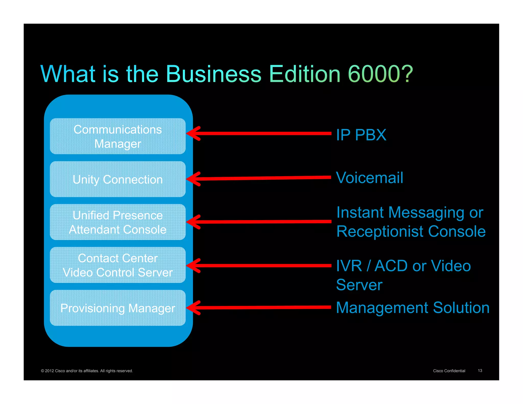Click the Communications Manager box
point(117,136)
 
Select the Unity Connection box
point(117,179)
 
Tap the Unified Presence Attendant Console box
point(117,222)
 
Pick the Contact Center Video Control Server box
point(117,265)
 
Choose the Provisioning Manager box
point(117,308)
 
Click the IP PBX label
point(361,135)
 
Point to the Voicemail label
point(370,178)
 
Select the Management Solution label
point(413,307)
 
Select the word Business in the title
point(213,74)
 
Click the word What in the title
point(68,74)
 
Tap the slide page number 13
point(480,371)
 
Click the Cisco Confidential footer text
point(449,371)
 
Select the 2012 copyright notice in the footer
point(87,371)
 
